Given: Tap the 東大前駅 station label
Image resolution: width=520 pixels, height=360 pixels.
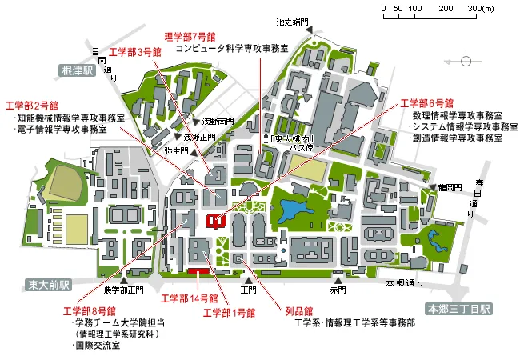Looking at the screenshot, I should point(48,285).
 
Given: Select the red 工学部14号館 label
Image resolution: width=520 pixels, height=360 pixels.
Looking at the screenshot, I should point(186,299).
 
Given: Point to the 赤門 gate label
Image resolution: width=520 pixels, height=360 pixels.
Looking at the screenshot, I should point(338,290).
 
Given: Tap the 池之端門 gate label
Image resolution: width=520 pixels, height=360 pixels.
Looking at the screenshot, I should point(292,22).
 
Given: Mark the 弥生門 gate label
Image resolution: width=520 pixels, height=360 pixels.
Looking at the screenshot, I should point(175,150).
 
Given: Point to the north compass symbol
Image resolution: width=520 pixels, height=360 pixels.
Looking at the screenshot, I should point(467,61).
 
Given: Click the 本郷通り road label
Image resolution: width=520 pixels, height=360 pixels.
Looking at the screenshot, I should point(405,283).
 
